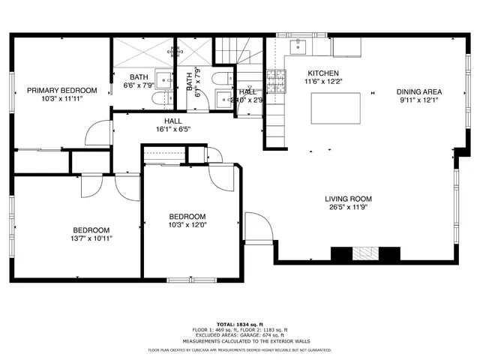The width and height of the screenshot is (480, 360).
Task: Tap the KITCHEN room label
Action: [x=322, y=73]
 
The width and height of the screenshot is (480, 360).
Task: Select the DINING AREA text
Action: [x=418, y=91]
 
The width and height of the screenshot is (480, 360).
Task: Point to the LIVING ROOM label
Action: [x=348, y=199]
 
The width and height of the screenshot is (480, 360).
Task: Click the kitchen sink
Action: [x=298, y=47]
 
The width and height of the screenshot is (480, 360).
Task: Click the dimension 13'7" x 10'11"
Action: [x=91, y=238]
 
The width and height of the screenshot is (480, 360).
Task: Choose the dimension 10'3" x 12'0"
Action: [x=187, y=225]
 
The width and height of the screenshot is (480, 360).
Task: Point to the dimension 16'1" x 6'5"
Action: [x=172, y=129]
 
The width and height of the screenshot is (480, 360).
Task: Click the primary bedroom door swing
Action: [x=97, y=133]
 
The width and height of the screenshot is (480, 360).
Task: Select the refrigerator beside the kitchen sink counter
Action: [x=346, y=46]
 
